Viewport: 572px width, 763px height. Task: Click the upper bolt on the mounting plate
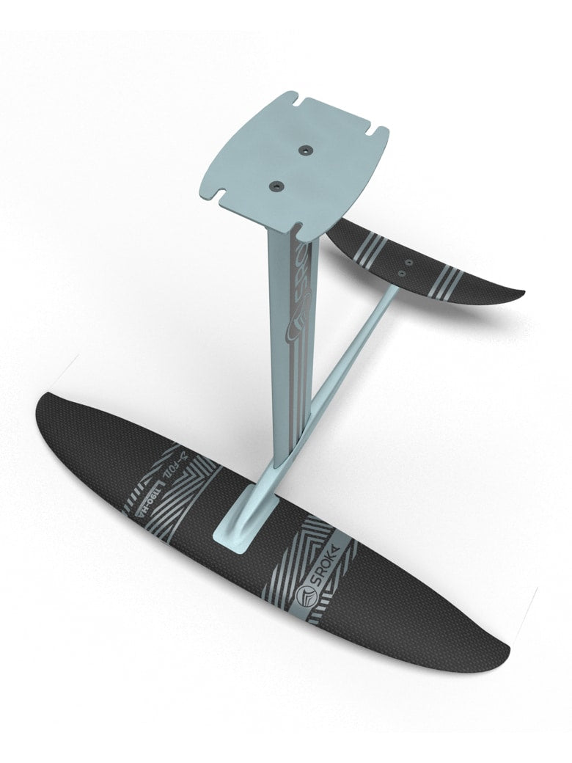[x=303, y=149]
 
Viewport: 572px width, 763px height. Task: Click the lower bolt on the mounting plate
[x=276, y=186]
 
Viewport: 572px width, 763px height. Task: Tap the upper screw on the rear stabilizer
[x=409, y=261]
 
